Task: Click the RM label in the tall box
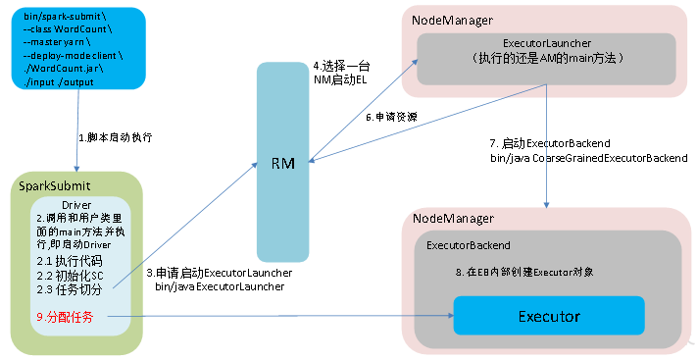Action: point(282,163)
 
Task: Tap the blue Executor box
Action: point(549,316)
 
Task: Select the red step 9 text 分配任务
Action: point(65,317)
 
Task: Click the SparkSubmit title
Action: point(54,185)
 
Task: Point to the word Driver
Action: point(76,205)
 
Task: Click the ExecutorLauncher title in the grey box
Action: point(547,43)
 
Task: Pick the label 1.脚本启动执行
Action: point(115,137)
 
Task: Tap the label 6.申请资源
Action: point(391,117)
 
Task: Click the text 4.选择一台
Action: point(341,67)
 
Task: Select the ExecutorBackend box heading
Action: point(468,245)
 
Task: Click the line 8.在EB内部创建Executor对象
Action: point(524,272)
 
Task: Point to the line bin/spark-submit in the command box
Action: point(65,17)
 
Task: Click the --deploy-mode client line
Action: point(73,56)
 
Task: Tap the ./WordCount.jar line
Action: point(64,69)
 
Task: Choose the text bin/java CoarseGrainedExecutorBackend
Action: point(589,158)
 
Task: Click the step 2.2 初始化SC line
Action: point(71,276)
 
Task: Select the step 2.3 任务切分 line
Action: point(70,289)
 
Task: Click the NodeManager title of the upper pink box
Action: point(452,21)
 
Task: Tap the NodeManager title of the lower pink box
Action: point(453,219)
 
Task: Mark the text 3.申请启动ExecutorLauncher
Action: point(220,273)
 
